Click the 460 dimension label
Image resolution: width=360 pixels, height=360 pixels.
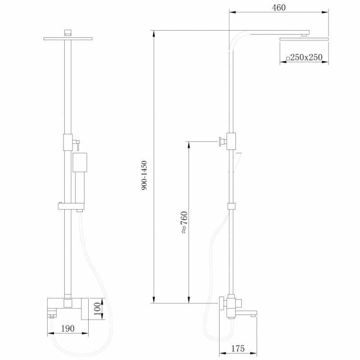click(279, 8)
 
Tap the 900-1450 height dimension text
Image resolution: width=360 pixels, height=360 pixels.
click(144, 175)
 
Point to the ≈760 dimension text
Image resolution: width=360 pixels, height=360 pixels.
click(184, 222)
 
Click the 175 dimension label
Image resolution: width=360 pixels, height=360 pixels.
click(238, 348)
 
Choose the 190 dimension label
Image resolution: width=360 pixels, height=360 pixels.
click(68, 328)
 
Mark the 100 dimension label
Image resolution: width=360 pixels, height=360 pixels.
click(97, 309)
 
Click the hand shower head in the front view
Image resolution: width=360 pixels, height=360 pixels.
click(80, 162)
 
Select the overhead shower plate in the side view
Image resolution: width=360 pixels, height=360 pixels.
click(304, 39)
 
